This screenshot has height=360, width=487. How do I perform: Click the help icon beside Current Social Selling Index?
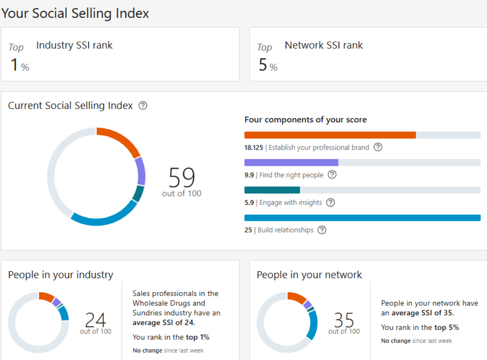click(143, 105)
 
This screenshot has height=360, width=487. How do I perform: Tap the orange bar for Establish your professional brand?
click(330, 135)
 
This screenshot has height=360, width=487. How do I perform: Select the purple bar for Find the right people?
click(291, 163)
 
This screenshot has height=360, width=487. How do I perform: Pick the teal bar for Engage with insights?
click(272, 190)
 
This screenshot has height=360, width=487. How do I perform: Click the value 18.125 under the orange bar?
click(254, 148)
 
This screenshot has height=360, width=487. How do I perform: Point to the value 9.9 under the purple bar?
click(249, 175)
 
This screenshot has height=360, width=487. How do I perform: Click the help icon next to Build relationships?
click(322, 230)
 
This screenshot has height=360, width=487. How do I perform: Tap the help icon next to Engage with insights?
click(330, 203)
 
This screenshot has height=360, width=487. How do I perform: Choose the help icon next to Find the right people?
click(332, 175)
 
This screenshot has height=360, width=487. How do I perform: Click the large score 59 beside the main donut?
click(182, 177)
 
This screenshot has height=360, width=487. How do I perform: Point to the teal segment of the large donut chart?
click(138, 194)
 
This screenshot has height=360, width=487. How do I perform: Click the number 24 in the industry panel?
click(96, 320)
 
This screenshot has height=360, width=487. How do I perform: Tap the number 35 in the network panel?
click(344, 320)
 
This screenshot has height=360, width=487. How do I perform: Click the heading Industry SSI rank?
click(74, 45)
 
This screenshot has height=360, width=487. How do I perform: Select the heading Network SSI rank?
click(324, 45)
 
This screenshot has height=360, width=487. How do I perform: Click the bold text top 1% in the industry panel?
click(198, 337)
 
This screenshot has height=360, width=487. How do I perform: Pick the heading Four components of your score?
click(305, 120)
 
